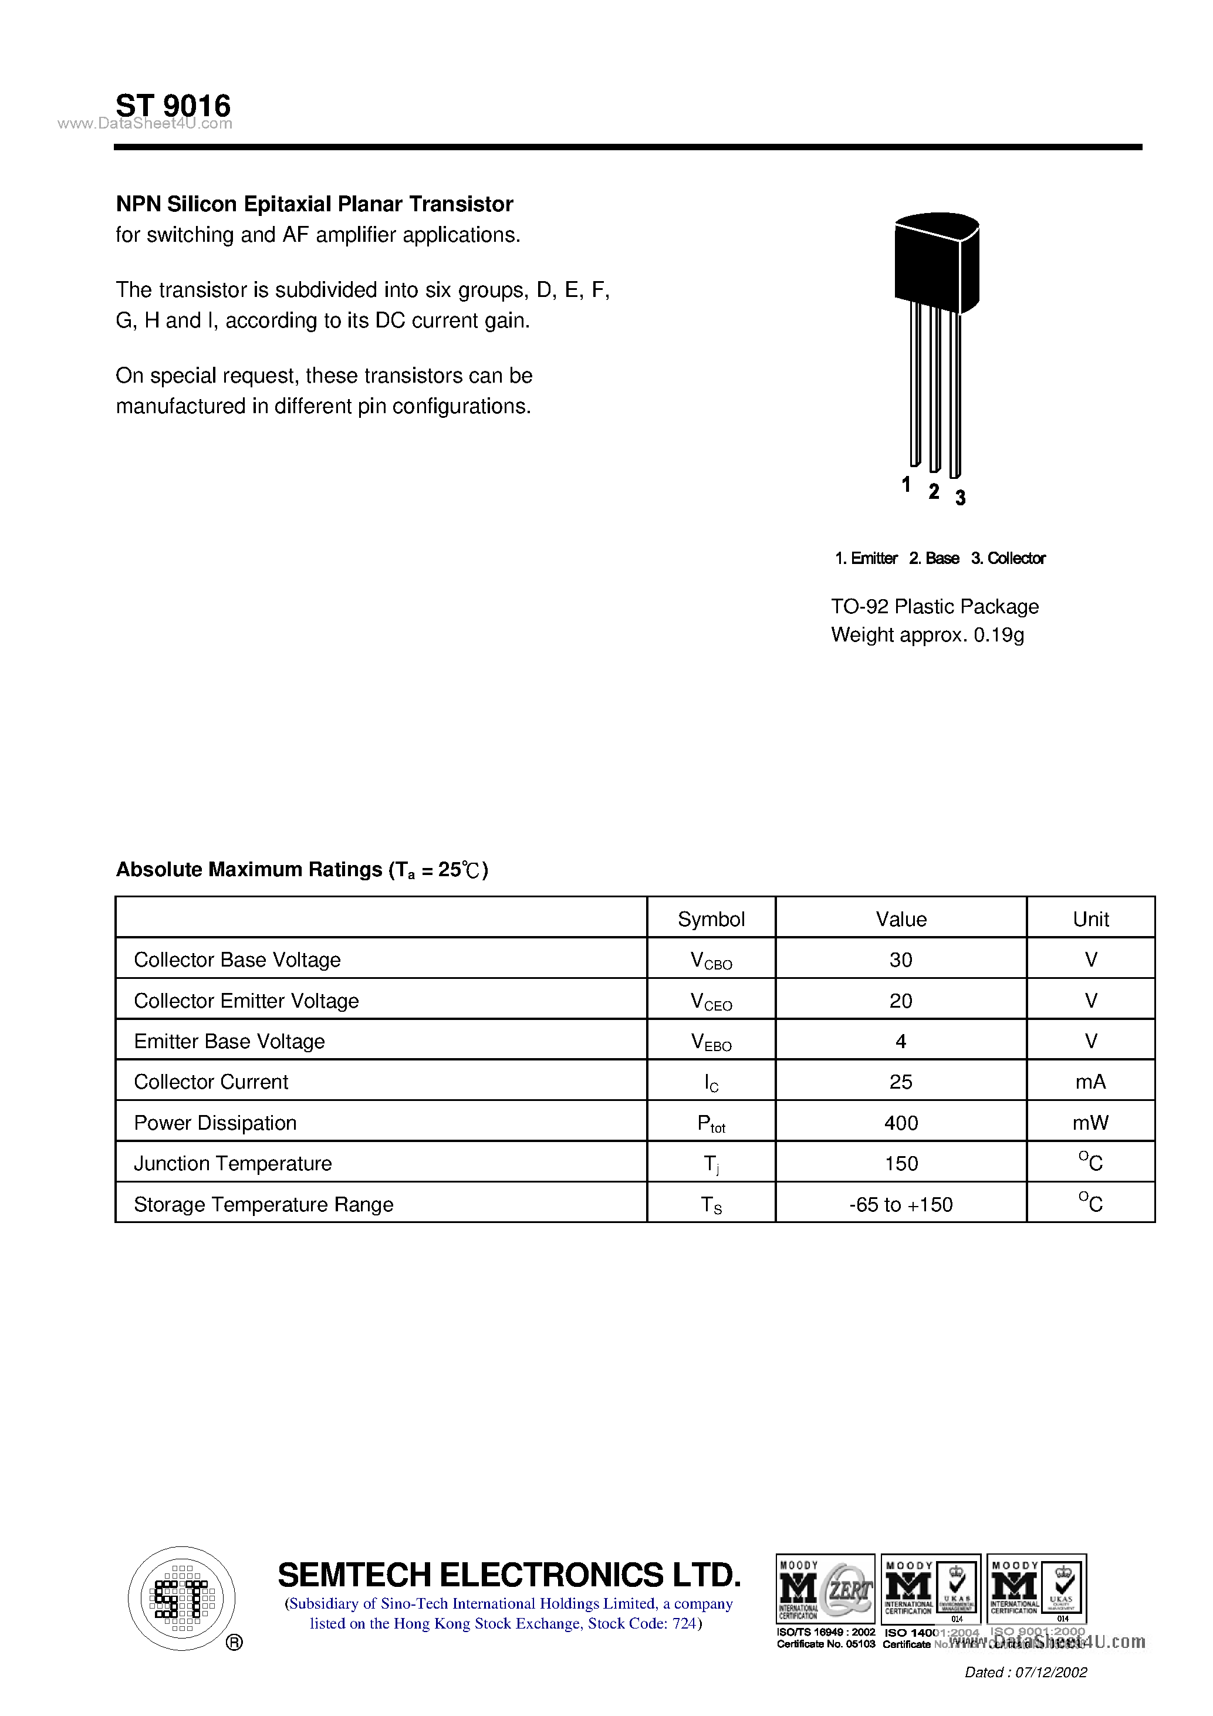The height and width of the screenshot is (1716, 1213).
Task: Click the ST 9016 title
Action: tap(173, 106)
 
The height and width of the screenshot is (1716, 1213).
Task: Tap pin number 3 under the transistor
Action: tap(961, 498)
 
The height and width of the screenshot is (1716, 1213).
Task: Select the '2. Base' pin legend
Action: tap(934, 558)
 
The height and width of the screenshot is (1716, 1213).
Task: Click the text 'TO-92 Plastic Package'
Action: tap(934, 606)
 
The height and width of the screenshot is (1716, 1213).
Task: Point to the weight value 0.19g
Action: tap(998, 635)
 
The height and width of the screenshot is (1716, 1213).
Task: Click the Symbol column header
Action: tap(711, 918)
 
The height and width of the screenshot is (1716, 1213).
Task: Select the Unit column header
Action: tap(1090, 918)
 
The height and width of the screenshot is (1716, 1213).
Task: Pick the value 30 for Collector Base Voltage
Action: tap(901, 960)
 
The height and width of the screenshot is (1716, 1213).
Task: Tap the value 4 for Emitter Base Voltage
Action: tap(901, 1041)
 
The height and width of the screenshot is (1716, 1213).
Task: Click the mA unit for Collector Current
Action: tap(1090, 1082)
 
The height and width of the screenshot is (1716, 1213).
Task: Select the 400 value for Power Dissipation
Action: tap(901, 1123)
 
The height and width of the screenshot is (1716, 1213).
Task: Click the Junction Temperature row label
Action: tap(232, 1163)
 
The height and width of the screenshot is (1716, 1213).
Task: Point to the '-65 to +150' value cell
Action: tap(901, 1204)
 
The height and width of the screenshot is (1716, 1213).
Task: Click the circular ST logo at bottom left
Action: tap(181, 1598)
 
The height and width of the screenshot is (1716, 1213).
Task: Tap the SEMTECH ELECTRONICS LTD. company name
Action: tap(509, 1575)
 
